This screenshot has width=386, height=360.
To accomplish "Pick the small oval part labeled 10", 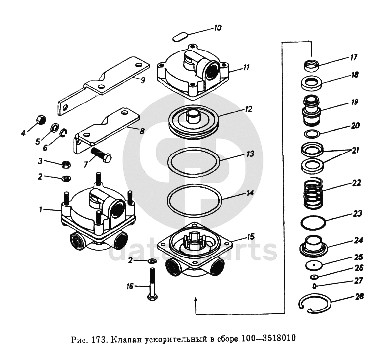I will [179, 36].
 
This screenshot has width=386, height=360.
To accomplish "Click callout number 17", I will [353, 57].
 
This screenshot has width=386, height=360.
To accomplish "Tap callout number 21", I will [354, 150].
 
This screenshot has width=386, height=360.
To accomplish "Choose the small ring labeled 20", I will [312, 134].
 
